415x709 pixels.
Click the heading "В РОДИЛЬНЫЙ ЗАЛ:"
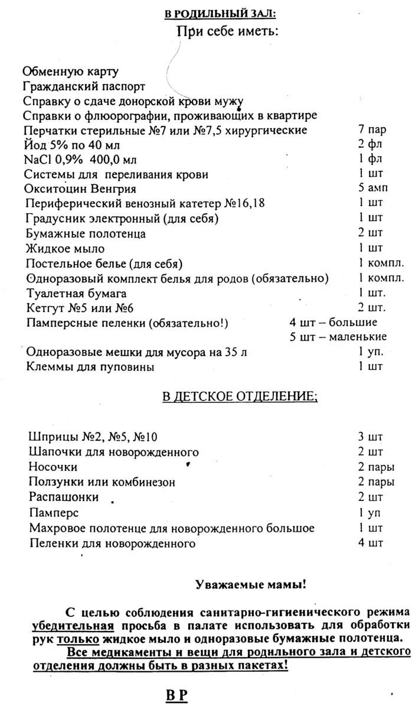pyautogui.click(x=220, y=14)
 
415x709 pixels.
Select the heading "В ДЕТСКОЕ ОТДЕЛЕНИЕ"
pyautogui.click(x=239, y=396)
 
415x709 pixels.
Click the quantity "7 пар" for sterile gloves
pyautogui.click(x=372, y=130)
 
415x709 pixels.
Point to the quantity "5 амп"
pyautogui.click(x=372, y=189)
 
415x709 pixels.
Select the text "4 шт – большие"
pyautogui.click(x=333, y=323)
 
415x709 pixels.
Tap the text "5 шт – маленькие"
pyautogui.click(x=338, y=337)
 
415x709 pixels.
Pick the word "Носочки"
pyautogui.click(x=53, y=467)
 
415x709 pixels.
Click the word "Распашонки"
pyautogui.click(x=63, y=497)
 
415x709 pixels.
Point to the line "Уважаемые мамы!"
pyautogui.click(x=250, y=585)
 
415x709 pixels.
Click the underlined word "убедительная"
pyautogui.click(x=73, y=626)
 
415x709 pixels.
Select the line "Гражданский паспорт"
pyautogui.click(x=84, y=86)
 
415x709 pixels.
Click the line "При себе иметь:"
pyautogui.click(x=227, y=31)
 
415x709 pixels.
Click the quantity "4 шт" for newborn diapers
pyautogui.click(x=370, y=542)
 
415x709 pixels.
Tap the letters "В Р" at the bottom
pyautogui.click(x=176, y=695)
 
